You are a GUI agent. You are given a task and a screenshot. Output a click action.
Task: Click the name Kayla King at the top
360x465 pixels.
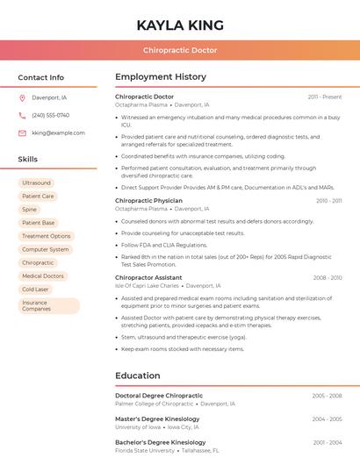click(180, 25)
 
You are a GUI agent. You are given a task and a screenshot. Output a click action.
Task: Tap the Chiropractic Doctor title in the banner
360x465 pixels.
click(180, 50)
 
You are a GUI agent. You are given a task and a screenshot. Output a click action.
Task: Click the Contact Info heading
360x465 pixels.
click(40, 77)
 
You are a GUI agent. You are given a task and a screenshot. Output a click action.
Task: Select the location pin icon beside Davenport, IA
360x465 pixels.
click(22, 97)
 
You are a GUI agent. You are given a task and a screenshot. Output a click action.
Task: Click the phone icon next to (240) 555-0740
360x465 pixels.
click(22, 115)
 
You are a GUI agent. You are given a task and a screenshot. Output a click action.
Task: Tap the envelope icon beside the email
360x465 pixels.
click(22, 133)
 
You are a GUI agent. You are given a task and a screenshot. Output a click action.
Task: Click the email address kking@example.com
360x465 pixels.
click(58, 133)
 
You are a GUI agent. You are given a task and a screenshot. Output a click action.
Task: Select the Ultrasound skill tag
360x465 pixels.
click(36, 183)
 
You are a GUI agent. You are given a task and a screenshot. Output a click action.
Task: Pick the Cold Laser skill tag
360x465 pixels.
click(35, 289)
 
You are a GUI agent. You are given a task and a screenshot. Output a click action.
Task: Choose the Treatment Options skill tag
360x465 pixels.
click(47, 236)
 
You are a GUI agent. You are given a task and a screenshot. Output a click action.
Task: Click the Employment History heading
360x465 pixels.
click(161, 77)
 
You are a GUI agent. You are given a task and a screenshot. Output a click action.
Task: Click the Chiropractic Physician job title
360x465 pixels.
click(148, 201)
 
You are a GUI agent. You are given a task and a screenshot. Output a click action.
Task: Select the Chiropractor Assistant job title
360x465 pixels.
click(148, 277)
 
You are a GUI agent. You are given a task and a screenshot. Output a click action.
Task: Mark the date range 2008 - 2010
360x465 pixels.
click(327, 277)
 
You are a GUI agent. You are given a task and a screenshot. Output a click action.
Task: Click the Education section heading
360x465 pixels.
click(137, 376)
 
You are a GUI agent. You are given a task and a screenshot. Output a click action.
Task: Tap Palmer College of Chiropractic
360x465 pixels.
click(154, 404)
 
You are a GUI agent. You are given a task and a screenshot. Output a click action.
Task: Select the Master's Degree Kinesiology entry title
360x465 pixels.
click(157, 418)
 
